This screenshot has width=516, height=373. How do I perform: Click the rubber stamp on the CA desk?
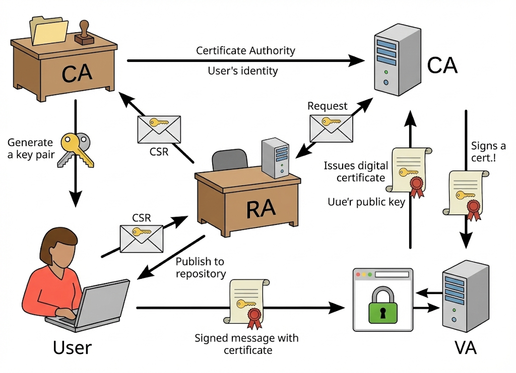coord(84,33)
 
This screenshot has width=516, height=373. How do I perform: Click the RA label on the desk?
coord(261,207)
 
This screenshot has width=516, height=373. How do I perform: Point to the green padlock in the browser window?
coord(382,305)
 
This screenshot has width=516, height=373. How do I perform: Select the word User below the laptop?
coord(73,347)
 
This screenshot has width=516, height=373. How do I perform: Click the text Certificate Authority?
coord(245,51)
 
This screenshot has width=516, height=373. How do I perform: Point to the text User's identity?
coord(242,71)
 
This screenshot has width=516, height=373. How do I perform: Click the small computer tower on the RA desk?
coord(275,157)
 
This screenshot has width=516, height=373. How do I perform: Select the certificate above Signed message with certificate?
coord(246,302)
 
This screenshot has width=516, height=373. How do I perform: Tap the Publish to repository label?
coord(201,268)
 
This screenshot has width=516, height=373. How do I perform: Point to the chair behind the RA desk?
coord(230,160)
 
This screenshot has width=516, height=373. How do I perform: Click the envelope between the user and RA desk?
coord(141,238)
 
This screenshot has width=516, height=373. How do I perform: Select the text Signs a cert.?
coord(488,151)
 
